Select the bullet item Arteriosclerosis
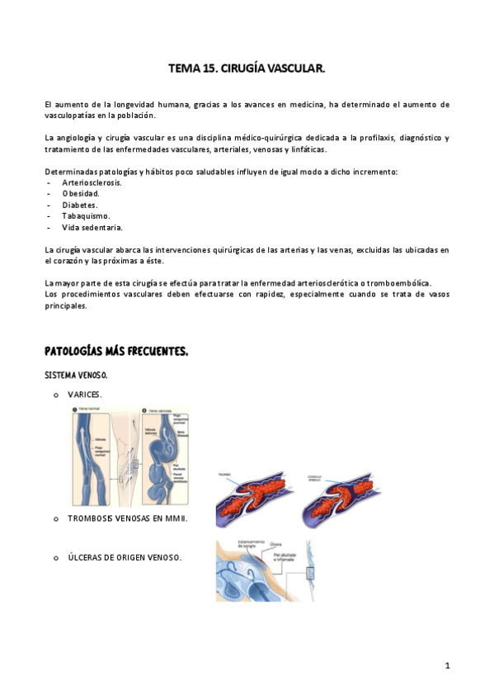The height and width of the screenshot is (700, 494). (92, 182)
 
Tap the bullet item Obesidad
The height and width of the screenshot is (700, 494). (81, 193)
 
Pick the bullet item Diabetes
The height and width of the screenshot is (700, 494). (80, 205)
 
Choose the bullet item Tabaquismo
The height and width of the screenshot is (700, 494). (86, 215)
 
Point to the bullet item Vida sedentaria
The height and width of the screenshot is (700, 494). (92, 227)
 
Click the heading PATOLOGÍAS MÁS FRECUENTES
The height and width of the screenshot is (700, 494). (116, 352)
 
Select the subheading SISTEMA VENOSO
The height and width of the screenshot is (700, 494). (75, 376)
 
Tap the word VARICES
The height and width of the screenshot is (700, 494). (85, 395)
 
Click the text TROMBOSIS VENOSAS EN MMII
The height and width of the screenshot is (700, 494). (127, 518)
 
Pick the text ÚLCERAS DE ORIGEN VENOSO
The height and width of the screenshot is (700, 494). (125, 557)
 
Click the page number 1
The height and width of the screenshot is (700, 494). (447, 665)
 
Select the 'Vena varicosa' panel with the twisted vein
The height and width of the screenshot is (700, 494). (168, 456)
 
